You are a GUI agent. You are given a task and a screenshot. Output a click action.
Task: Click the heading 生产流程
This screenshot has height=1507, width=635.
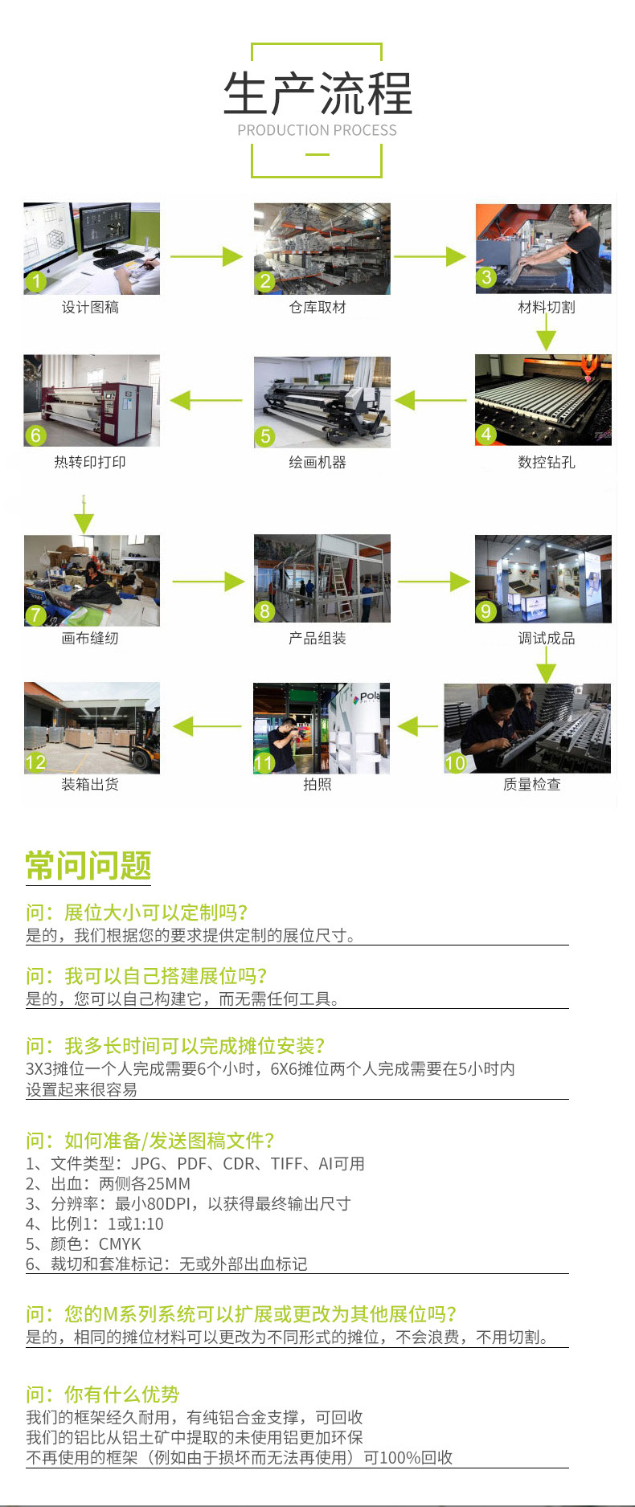click(317, 94)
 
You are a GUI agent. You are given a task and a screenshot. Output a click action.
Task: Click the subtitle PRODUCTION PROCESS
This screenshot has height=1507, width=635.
click(317, 130)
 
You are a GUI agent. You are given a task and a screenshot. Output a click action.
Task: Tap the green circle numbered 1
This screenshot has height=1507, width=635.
click(35, 281)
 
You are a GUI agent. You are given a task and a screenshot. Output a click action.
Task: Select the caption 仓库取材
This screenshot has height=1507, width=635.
click(317, 307)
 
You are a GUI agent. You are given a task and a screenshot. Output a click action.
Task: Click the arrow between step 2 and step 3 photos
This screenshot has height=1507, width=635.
click(430, 256)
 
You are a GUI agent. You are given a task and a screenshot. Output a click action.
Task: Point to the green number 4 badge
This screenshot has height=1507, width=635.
click(485, 434)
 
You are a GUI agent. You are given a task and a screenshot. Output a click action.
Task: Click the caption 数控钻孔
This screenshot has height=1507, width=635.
click(547, 462)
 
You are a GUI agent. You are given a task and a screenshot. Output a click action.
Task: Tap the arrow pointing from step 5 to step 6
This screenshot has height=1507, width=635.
click(206, 399)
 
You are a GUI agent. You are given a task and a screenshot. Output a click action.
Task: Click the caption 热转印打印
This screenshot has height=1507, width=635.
click(90, 462)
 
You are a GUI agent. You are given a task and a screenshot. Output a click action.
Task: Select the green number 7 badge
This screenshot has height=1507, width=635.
click(35, 615)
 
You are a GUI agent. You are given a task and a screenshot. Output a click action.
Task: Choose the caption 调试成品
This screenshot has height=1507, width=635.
click(547, 638)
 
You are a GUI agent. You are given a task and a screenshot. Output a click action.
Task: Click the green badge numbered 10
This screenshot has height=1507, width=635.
click(456, 762)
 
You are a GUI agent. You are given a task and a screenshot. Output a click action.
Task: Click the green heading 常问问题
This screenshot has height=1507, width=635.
click(88, 865)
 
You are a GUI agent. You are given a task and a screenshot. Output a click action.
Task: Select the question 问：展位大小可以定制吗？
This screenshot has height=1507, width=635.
click(137, 912)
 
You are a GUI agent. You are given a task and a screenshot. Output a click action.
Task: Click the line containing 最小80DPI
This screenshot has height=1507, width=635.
click(188, 1203)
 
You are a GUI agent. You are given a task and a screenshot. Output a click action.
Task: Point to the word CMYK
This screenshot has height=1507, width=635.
click(120, 1244)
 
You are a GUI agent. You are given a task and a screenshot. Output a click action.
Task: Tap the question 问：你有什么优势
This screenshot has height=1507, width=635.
click(103, 1394)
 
